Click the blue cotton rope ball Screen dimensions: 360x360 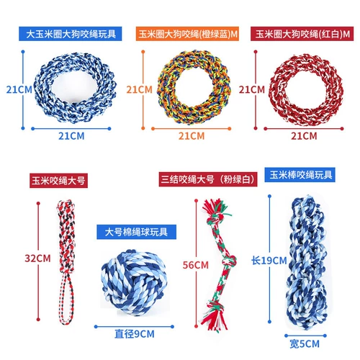click(x=134, y=283)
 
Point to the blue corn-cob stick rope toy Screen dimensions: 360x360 click(x=307, y=263)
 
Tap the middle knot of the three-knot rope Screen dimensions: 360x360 click(x=229, y=261)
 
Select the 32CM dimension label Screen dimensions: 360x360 click(x=37, y=258)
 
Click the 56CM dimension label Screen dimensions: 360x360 click(x=196, y=265)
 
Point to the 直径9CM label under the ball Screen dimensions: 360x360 click(x=135, y=334)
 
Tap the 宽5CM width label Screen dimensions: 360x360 click(x=305, y=344)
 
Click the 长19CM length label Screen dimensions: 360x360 click(x=269, y=261)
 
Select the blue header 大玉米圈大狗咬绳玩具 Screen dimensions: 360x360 click(x=71, y=34)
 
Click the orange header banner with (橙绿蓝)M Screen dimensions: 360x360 click(x=187, y=34)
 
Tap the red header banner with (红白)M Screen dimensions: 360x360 click(x=302, y=34)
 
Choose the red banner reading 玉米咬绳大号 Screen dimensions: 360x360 click(x=58, y=181)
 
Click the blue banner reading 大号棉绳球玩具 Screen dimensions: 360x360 click(x=136, y=232)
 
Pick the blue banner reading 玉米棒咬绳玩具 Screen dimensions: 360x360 click(x=300, y=175)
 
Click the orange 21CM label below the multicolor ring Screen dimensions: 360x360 click(x=192, y=136)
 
